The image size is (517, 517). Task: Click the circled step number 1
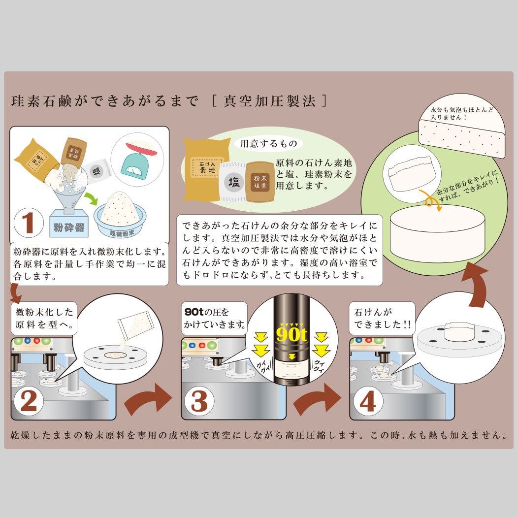29,223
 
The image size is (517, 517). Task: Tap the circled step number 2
29,401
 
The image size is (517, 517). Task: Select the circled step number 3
199,401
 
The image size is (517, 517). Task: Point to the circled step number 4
368,401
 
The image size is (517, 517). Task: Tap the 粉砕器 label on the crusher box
69,227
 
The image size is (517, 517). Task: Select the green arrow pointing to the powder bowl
92,199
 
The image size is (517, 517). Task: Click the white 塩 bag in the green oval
233,182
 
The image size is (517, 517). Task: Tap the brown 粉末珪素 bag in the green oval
260,182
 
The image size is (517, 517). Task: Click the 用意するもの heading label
268,144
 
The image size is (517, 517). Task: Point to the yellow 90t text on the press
292,334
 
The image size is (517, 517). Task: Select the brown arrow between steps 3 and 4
317,399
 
